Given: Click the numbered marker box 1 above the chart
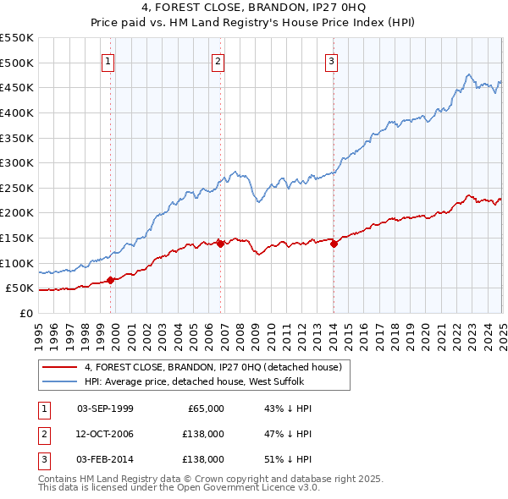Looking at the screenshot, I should tap(110, 61).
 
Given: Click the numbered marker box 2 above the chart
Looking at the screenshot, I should tap(218, 61).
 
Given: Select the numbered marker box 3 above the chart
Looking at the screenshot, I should tap(331, 61).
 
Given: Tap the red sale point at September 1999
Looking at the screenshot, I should tap(111, 281).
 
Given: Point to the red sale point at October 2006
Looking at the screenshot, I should tap(220, 244).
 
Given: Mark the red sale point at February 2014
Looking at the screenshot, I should tap(334, 244).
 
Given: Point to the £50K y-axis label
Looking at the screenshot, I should tap(20, 288).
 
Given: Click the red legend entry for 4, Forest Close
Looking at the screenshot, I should tap(213, 367).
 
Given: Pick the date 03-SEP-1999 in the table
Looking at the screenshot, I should tap(105, 409).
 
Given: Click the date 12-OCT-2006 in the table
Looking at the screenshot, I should tap(105, 434).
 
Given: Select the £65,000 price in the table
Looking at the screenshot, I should tap(204, 409).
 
